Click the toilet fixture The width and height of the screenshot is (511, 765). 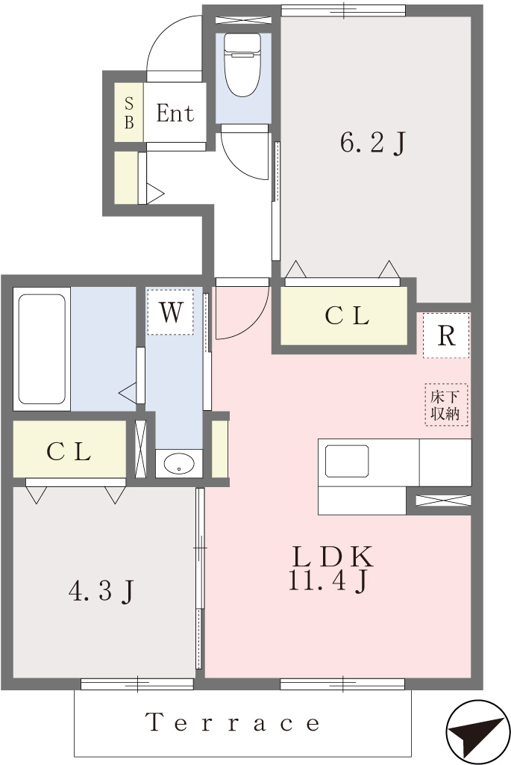click(242, 64)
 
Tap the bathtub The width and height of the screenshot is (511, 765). click(42, 348)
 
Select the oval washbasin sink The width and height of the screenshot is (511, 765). click(179, 463)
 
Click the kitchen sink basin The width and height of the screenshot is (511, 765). click(346, 460)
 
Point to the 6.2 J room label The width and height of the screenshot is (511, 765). click(373, 143)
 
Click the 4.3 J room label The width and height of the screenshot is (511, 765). click(101, 592)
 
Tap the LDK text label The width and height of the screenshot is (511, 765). click(333, 557)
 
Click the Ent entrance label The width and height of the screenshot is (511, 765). click(175, 114)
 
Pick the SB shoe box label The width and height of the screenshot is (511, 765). click(129, 113)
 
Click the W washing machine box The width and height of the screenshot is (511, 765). click(171, 312)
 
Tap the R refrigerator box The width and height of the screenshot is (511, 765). click(446, 335)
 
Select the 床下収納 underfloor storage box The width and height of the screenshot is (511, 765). click(445, 404)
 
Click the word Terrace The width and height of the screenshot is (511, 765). click(232, 722)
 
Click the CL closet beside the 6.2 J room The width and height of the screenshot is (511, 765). click(345, 316)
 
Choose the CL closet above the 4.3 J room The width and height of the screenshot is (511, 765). click(69, 450)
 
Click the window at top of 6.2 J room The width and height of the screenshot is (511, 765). click(343, 10)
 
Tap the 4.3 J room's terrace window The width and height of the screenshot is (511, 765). click(137, 684)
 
